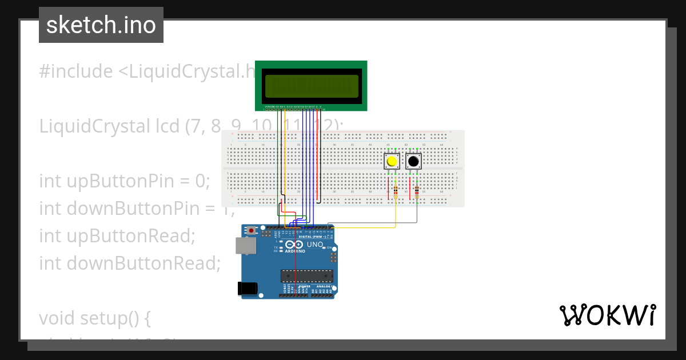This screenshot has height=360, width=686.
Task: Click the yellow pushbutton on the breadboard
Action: (392, 162)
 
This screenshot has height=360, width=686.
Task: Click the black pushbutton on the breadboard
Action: (413, 162)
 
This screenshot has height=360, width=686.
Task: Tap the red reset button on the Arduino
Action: (252, 231)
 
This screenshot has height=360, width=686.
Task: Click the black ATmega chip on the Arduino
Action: (306, 276)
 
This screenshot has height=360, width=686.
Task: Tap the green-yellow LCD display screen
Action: (311, 86)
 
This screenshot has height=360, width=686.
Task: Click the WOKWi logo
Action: (607, 315)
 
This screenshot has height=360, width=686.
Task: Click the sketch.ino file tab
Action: (101, 25)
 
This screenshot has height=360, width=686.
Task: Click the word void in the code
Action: (57, 318)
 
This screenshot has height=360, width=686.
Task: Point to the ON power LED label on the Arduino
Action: (329, 247)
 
